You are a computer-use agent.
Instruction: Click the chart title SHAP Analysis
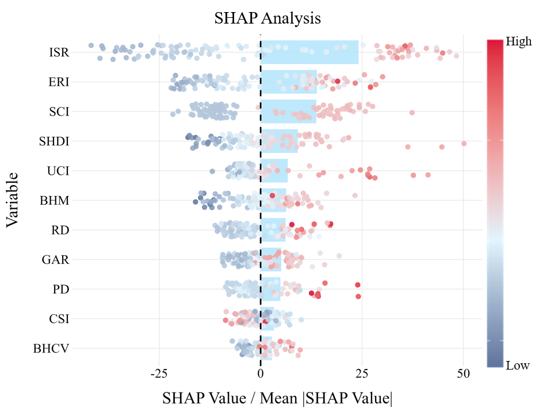[267, 18]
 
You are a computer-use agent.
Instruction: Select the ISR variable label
[59, 53]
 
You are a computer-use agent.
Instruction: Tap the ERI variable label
[59, 82]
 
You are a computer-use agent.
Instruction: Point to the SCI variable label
[59, 112]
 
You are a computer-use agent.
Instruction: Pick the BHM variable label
[55, 201]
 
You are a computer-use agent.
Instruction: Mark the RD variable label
[60, 230]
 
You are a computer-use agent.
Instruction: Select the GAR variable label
[56, 260]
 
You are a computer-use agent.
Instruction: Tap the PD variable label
[60, 289]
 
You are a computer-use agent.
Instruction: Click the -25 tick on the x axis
[159, 374]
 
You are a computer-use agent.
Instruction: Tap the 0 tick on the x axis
[261, 374]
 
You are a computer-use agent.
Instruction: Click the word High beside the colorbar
[518, 42]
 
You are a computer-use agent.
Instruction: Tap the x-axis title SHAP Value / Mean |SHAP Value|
[278, 399]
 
